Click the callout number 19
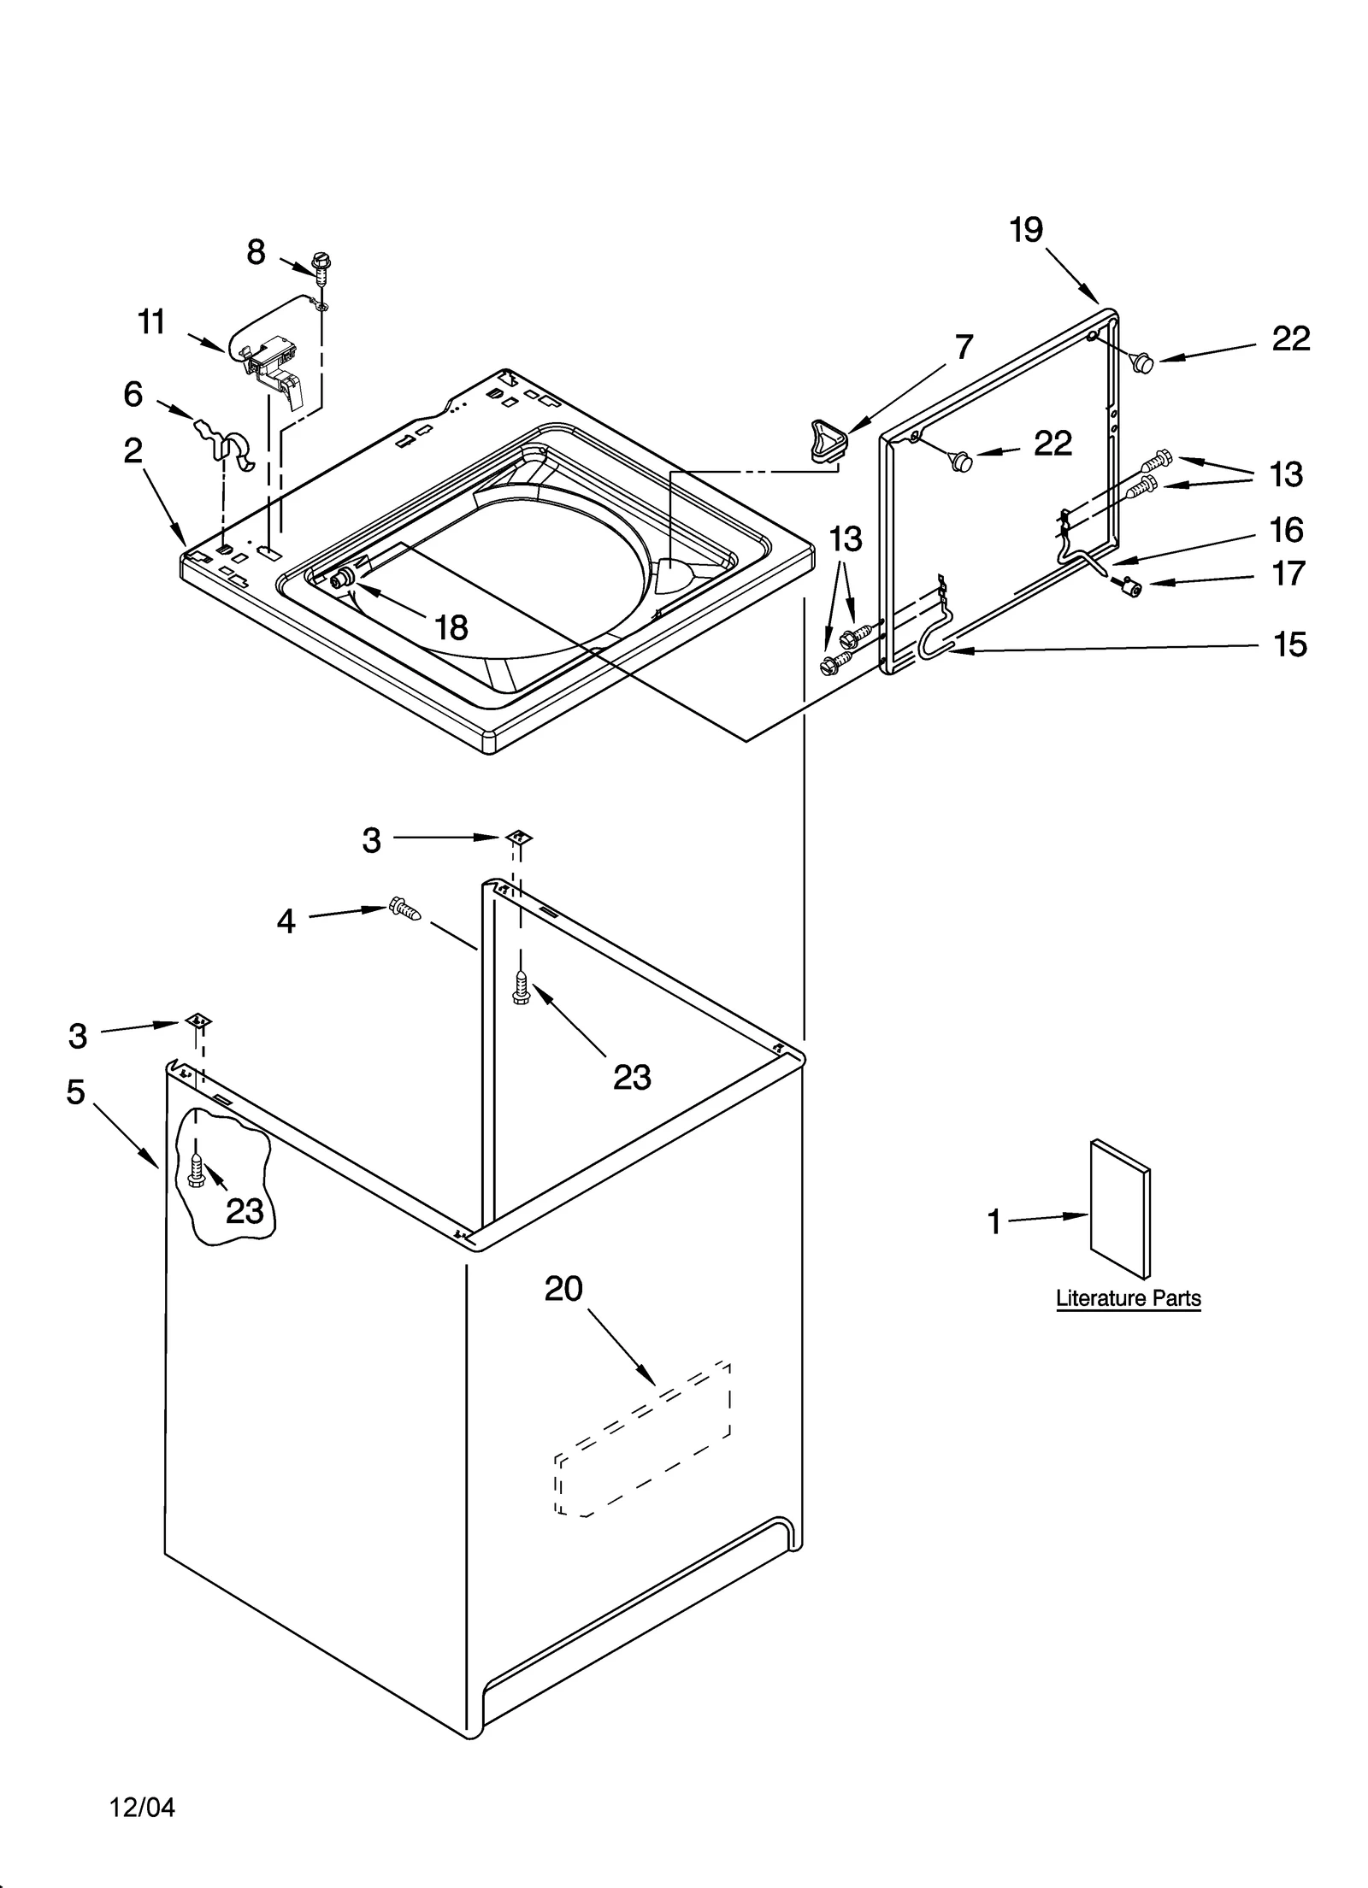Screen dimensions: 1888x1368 point(1026,230)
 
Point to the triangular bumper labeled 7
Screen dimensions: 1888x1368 point(826,438)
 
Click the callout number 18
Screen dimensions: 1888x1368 point(451,629)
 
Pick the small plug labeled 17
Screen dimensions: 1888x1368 point(1134,587)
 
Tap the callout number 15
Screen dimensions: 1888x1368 point(1289,644)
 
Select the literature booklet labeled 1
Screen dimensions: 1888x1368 point(1119,1209)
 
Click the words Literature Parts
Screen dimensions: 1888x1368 point(1128,1298)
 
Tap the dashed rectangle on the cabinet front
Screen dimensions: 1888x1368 point(643,1438)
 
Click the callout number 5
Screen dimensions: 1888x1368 point(76,1091)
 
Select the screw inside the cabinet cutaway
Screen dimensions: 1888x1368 point(196,1170)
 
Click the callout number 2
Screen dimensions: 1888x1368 point(133,450)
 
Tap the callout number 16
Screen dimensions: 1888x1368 point(1285,530)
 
